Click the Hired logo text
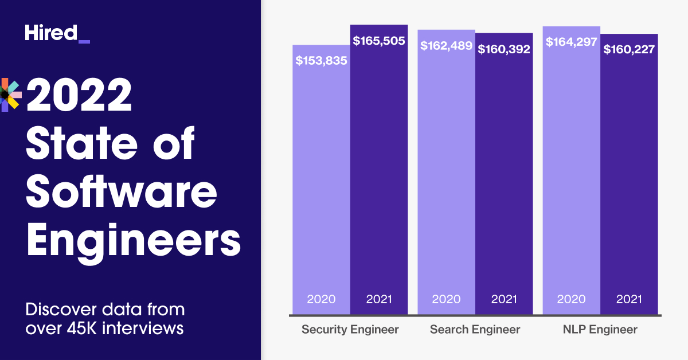50,33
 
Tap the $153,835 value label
321,61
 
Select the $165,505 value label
379,41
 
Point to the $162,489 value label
446,46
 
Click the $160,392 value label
504,49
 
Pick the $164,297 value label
571,42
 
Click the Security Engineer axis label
350,330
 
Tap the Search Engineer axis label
475,330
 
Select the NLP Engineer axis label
600,330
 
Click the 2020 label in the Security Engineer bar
321,299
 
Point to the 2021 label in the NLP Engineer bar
629,299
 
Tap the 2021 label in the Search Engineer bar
504,299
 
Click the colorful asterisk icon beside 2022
11,94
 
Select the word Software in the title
122,191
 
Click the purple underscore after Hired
84,42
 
